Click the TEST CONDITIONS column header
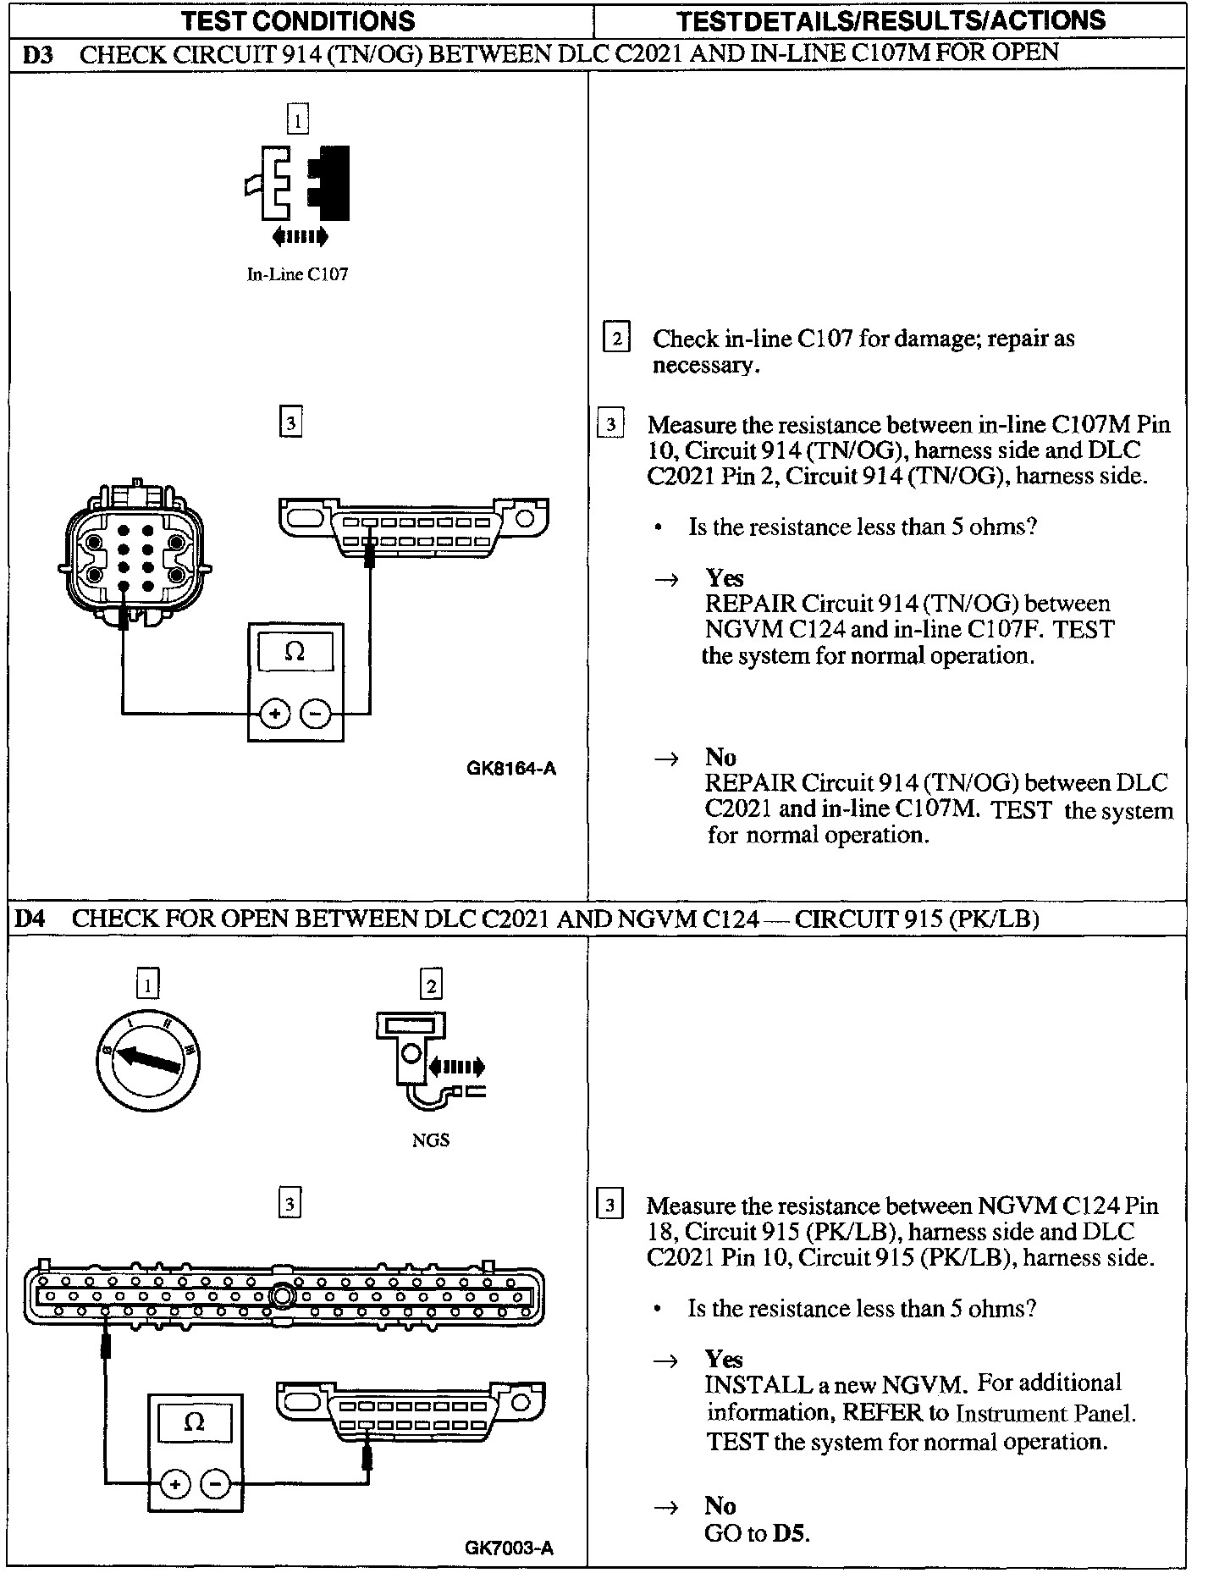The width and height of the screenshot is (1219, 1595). coord(300,20)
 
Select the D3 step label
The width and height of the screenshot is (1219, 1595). coord(37,55)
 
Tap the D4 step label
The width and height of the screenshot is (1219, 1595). coord(30,919)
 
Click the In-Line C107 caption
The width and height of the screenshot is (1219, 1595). coord(297,274)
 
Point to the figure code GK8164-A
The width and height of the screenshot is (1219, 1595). coord(511,769)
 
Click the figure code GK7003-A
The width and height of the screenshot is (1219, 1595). coord(509,1548)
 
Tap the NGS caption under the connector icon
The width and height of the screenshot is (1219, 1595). coord(430,1140)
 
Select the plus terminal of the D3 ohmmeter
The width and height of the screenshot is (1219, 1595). coord(273,714)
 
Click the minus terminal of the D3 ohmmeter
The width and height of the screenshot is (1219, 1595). coord(316,714)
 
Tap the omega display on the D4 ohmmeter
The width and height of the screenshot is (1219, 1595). coord(195,1422)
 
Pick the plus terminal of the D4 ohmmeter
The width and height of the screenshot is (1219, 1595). coord(174,1484)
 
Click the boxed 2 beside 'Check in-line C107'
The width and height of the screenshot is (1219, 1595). coord(615,339)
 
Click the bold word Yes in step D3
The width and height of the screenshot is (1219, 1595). coord(725,578)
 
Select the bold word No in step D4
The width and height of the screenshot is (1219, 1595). coord(720,1505)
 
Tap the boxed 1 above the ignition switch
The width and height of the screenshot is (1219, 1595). coord(148,985)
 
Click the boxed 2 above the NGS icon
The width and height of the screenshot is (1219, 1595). coord(431,985)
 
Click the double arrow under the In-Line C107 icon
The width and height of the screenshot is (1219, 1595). coord(300,236)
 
